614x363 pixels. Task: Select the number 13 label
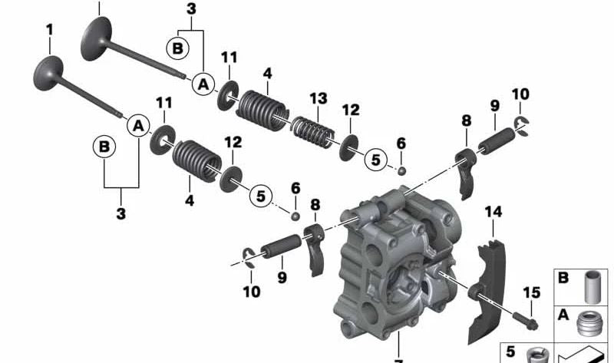318,98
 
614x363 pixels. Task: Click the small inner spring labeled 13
312,130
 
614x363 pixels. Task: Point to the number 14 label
493,211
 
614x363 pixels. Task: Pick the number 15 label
531,292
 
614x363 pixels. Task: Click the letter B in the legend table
564,279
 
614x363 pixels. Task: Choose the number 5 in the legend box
511,352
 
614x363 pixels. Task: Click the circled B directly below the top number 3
177,49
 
